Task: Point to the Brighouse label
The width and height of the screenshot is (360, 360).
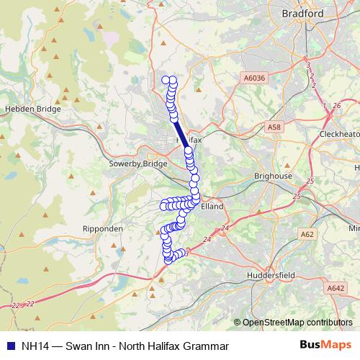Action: pos(274,176)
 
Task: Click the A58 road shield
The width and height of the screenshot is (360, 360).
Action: pos(274,127)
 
